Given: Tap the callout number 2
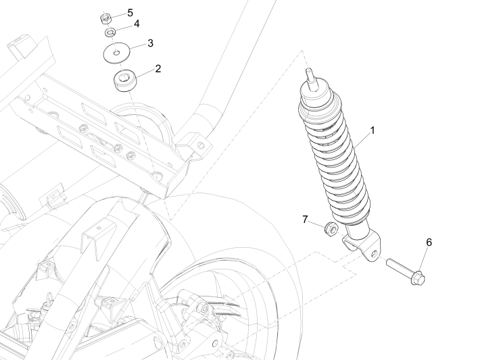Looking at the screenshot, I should coord(158,68).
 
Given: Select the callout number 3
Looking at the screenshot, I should coord(150,43).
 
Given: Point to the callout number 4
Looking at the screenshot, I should coord(137,24).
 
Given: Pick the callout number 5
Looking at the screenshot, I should coord(130,11).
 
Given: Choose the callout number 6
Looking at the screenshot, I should coord(429,242).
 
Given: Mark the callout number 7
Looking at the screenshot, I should coord(306,220).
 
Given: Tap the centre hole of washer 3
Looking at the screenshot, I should coord(116,51).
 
